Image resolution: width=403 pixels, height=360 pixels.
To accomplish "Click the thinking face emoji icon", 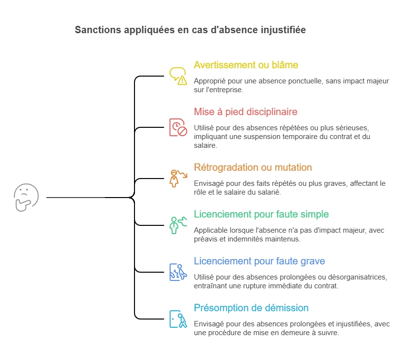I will (26, 198).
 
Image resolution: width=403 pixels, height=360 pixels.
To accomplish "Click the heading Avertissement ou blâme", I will (246, 65).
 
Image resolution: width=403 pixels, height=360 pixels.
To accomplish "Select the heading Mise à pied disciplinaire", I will (245, 112).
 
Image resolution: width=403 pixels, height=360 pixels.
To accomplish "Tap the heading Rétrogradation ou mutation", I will (252, 167).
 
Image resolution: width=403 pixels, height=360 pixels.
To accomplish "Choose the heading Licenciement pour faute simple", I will (261, 214).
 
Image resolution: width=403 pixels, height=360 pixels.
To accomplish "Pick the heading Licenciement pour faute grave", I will (259, 261).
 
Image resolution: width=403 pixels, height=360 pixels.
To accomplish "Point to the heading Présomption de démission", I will (251, 308).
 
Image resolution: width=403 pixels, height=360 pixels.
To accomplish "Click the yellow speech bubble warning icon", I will (178, 76).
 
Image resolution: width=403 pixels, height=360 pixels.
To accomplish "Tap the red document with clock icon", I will (178, 127).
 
